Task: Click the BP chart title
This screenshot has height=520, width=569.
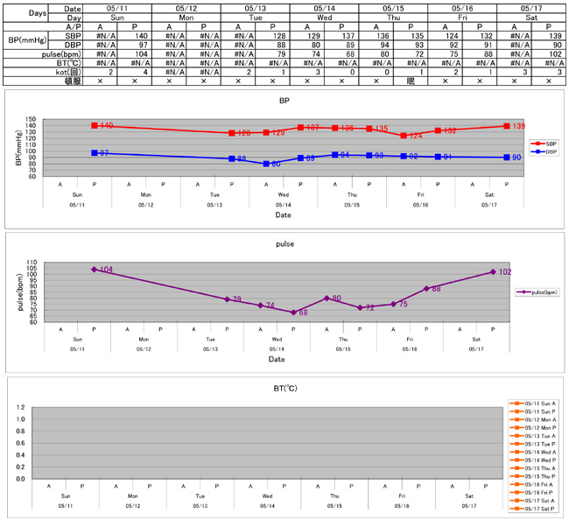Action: pos(284,101)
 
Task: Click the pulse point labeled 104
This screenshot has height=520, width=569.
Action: pos(94,270)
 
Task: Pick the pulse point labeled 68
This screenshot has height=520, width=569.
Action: pos(293,313)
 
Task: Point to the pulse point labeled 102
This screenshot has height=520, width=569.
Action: pos(493,272)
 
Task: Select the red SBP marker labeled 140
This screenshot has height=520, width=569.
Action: pos(94,126)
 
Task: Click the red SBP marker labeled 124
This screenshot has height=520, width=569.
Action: pos(404,136)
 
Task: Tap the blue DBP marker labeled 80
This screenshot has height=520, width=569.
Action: pos(266,164)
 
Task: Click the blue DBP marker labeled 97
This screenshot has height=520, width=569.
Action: pos(94,153)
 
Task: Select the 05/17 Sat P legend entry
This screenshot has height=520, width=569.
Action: pos(537,508)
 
